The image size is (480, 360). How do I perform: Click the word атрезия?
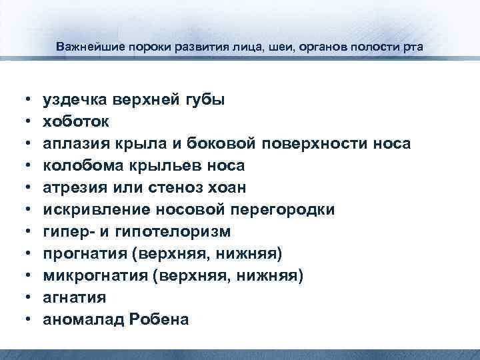(x=73, y=188)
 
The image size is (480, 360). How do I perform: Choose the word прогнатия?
(x=81, y=254)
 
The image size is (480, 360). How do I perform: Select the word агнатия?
(x=74, y=298)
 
